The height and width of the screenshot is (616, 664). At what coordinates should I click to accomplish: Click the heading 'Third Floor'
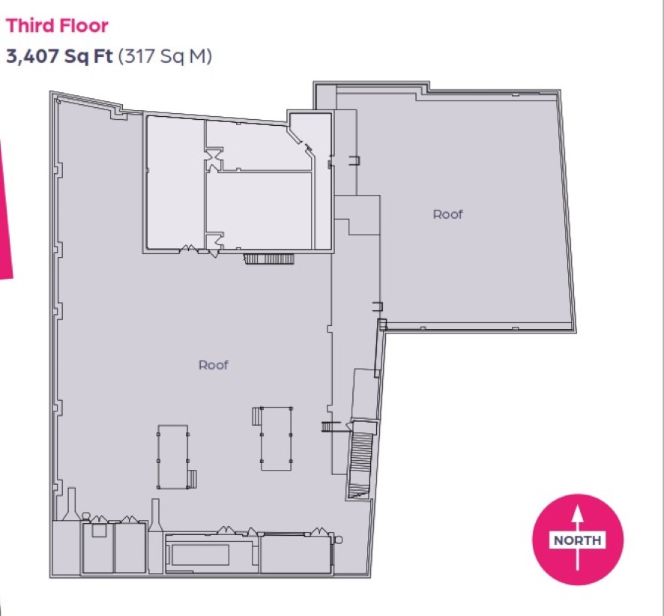point(57,25)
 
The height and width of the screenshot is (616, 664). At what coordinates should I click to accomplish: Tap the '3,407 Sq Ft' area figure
point(59,56)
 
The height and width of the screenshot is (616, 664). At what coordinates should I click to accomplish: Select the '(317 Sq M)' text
point(165,56)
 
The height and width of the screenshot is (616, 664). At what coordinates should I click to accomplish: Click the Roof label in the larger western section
point(214,365)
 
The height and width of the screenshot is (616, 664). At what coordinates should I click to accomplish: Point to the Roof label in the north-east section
point(447,214)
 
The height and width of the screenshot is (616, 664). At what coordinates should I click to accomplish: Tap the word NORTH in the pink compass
point(578,540)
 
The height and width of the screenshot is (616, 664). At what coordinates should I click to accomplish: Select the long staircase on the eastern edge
point(360,459)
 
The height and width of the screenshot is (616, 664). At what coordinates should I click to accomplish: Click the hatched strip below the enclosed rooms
point(269,259)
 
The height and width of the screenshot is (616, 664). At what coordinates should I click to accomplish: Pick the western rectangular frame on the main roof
point(173,457)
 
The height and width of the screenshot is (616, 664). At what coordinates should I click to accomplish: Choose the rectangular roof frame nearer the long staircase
point(276,438)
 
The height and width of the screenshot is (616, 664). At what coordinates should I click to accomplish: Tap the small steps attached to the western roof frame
point(193,479)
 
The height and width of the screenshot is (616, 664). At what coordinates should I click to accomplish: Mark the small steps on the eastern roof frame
point(256,416)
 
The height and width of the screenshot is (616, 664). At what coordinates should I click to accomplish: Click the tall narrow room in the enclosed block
point(175,182)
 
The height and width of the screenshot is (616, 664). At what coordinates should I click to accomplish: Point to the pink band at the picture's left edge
point(5,208)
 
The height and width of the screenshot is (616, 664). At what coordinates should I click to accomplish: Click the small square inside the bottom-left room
point(99,531)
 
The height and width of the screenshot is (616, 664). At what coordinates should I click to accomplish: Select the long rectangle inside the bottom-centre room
point(200,555)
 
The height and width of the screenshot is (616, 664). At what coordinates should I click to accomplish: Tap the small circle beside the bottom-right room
point(338,540)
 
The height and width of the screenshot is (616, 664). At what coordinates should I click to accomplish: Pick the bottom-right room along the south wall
point(295,555)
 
